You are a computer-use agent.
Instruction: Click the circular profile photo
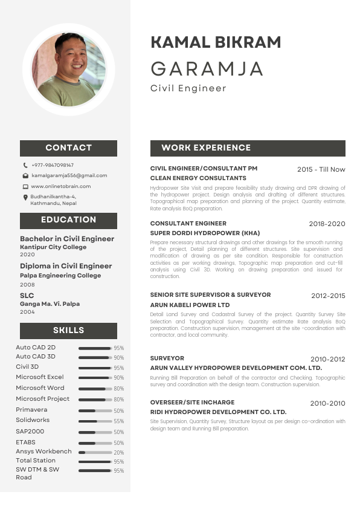click(x=68, y=70)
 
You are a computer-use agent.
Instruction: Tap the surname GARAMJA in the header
click(x=207, y=69)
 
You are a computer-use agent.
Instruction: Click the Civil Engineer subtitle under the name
click(x=188, y=88)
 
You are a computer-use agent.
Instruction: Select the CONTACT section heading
click(x=68, y=148)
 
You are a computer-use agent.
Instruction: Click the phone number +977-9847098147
click(x=53, y=165)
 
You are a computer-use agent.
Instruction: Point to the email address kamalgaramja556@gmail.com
click(x=69, y=175)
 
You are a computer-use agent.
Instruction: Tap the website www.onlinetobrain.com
click(x=60, y=186)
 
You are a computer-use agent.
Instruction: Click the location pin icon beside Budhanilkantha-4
click(x=25, y=197)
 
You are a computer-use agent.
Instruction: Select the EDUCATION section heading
click(x=68, y=219)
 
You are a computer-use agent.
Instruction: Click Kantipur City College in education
click(x=53, y=247)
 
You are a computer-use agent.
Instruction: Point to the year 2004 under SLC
click(x=27, y=312)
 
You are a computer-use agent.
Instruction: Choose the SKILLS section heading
click(x=68, y=330)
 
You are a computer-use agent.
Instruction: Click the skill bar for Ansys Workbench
click(x=95, y=452)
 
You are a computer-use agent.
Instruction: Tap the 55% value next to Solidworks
click(x=118, y=421)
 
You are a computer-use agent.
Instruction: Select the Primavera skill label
click(x=31, y=409)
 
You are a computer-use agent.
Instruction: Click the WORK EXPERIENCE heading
click(x=206, y=148)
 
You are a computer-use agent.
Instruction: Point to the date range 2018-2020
click(x=327, y=224)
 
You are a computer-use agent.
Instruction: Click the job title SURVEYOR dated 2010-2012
click(x=167, y=358)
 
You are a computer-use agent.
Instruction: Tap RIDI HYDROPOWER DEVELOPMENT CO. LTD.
click(x=218, y=412)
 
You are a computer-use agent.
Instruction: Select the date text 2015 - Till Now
click(x=321, y=169)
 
